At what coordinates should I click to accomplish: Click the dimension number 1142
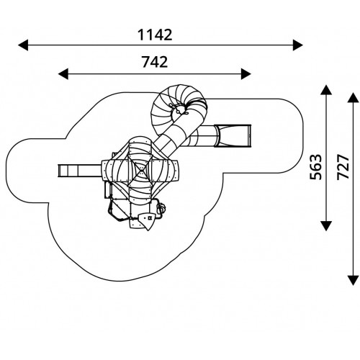(x=155, y=35)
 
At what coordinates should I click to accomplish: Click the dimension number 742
(x=155, y=62)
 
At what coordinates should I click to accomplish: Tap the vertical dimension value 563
(x=315, y=167)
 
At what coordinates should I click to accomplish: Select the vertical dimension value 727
(x=343, y=167)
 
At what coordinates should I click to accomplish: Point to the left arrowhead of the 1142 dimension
(x=23, y=45)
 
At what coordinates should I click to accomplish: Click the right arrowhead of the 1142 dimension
(x=298, y=45)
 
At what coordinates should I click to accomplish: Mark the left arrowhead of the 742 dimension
(x=63, y=73)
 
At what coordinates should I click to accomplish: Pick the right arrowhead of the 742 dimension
(x=246, y=73)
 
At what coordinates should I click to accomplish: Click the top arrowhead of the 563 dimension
(x=326, y=90)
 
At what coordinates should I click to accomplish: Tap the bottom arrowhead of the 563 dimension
(x=326, y=226)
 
